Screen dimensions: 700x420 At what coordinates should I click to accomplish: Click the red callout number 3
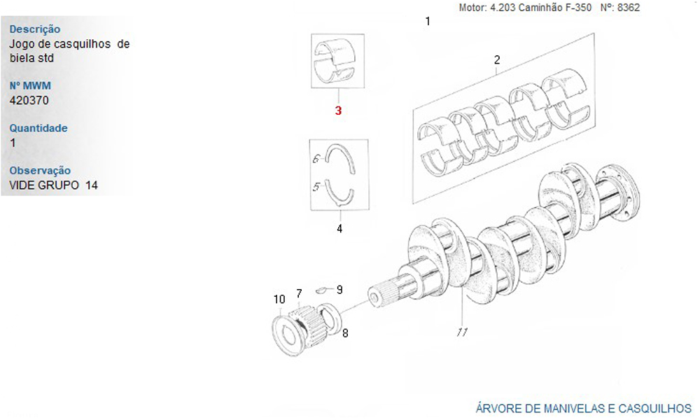[338, 110]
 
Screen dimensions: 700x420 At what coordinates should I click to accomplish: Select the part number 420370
[29, 100]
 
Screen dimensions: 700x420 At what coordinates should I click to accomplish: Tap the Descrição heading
[35, 29]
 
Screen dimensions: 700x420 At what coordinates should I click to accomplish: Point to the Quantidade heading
[38, 128]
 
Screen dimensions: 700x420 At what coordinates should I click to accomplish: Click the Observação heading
[40, 171]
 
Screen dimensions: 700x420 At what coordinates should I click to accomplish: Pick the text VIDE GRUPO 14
[54, 185]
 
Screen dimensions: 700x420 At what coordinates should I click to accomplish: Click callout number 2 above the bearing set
[497, 59]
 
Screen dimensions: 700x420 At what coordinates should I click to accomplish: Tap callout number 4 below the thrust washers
[339, 228]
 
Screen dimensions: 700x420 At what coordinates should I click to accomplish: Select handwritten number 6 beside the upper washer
[316, 158]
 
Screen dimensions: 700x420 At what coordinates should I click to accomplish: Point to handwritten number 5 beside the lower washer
[316, 187]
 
